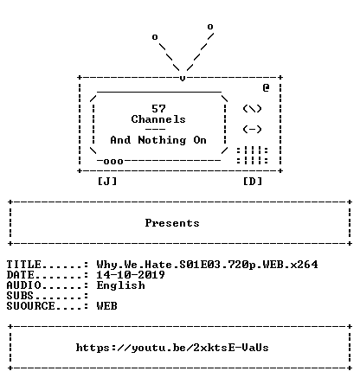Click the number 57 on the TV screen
tap(158, 109)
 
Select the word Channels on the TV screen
tap(158, 119)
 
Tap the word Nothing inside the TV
tap(162, 140)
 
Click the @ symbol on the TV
tap(266, 87)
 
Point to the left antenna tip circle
tap(155, 37)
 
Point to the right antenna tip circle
tap(210, 27)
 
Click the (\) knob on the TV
tap(252, 109)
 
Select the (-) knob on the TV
tap(252, 129)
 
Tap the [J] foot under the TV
tap(107, 182)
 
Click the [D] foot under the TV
tap(253, 182)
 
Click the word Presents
tap(172, 223)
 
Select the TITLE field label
tap(24, 264)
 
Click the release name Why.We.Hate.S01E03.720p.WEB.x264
tap(207, 265)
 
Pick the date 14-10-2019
tap(131, 275)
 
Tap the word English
tap(120, 285)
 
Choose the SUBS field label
tap(20, 296)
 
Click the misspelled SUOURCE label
tap(30, 306)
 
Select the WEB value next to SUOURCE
tap(106, 306)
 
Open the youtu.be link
tap(172, 348)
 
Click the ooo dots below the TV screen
tap(113, 162)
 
